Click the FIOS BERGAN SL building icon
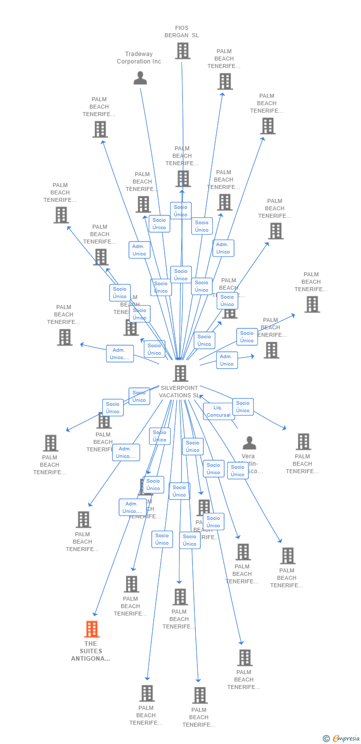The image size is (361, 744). click(182, 51)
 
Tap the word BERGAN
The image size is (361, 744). click(177, 35)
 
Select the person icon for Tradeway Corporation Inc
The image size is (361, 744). click(140, 78)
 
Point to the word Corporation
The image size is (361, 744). click(133, 62)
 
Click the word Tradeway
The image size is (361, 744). click(139, 54)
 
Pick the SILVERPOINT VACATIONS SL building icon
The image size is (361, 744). click(180, 373)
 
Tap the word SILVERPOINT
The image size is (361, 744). click(179, 388)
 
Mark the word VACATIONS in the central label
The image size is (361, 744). click(175, 395)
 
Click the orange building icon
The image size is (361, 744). click(91, 629)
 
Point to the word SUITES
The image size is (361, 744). click(91, 651)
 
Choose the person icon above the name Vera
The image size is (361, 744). click(249, 443)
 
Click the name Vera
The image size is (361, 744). click(248, 456)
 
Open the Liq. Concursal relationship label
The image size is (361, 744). click(218, 411)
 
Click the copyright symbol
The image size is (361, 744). click(326, 739)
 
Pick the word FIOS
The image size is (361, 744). click(182, 28)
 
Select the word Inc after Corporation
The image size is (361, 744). click(156, 62)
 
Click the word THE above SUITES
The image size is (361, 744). click(91, 644)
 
